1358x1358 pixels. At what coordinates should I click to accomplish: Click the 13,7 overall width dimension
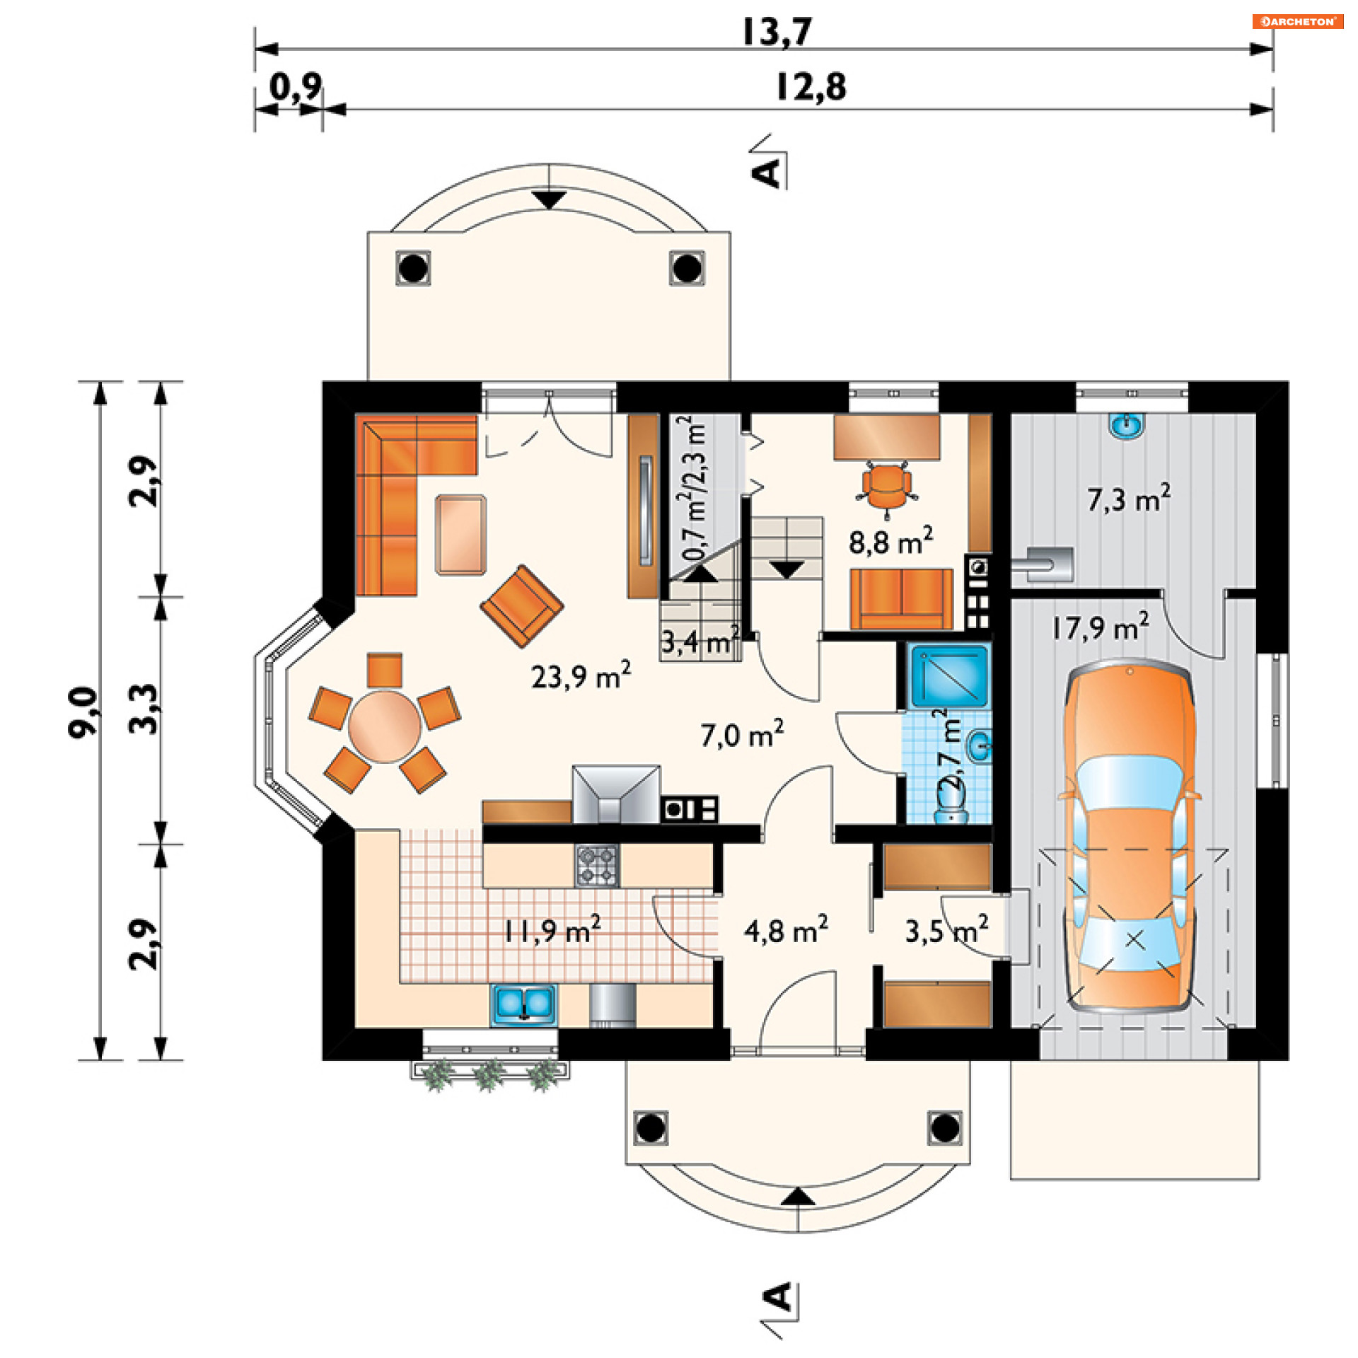777,32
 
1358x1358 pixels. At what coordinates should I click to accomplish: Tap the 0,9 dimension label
296,87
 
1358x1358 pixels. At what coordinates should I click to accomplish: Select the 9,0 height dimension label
83,712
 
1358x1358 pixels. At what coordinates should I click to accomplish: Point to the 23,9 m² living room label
581,675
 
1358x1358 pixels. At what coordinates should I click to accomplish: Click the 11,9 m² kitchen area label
552,930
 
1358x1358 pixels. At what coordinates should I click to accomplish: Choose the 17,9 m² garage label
1101,627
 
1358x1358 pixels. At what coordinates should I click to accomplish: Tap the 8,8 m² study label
890,541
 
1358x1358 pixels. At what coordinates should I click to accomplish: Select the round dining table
385,726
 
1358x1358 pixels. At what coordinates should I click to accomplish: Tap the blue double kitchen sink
523,1004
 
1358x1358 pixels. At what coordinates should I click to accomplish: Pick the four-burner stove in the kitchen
597,865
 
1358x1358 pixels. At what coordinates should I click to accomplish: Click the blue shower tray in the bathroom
949,676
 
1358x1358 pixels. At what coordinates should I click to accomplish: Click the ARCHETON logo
1298,21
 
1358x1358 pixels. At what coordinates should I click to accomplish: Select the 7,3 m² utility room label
1129,499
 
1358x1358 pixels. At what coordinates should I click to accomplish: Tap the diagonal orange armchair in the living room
522,605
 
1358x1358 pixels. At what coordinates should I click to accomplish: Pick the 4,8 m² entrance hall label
786,930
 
